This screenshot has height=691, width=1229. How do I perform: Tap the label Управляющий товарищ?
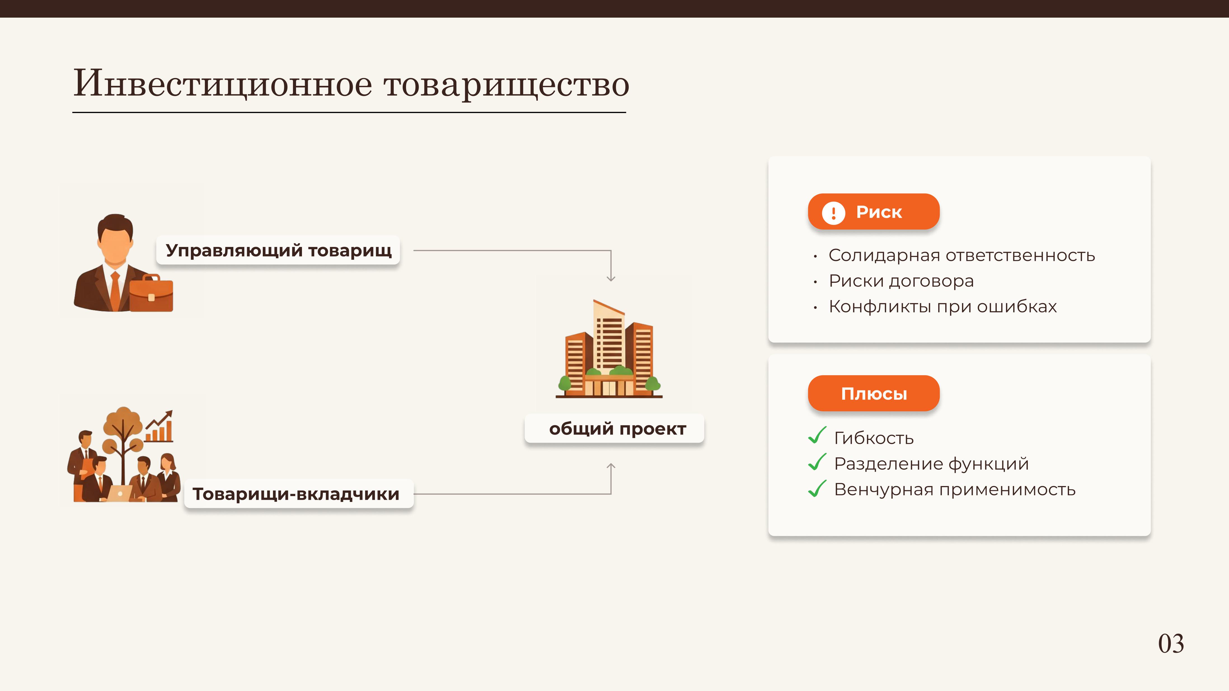coord(278,250)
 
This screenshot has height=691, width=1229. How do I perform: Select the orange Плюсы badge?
coord(874,393)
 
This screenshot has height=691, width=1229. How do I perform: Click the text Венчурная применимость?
coord(955,490)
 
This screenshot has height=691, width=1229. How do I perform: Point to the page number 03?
coord(1171,644)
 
